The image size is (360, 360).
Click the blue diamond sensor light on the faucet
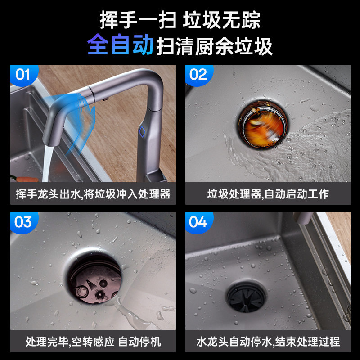pyautogui.click(x=142, y=131)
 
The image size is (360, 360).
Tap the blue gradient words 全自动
pyautogui.click(x=120, y=44)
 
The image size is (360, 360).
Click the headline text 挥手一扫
pyautogui.click(x=138, y=20)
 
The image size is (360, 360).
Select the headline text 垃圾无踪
pyautogui.click(x=221, y=20)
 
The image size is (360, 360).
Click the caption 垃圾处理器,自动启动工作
pyautogui.click(x=268, y=194)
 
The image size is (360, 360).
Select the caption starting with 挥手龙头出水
pyautogui.click(x=93, y=194)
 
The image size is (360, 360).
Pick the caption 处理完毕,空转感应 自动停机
pyautogui.click(x=93, y=342)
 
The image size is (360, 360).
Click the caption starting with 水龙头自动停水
pyautogui.click(x=268, y=342)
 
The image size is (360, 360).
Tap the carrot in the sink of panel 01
pyautogui.click(x=25, y=179)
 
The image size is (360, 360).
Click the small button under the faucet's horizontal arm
pyautogui.click(x=106, y=99)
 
